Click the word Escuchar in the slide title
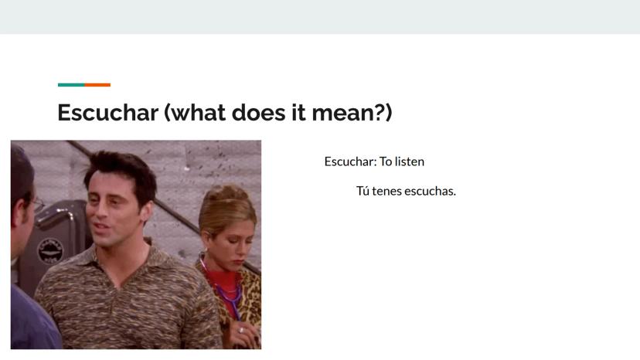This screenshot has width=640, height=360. [x=107, y=112]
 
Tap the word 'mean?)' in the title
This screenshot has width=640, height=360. [x=352, y=113]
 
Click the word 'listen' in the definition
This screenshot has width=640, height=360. [x=410, y=161]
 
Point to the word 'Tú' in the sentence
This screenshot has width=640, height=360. [x=363, y=191]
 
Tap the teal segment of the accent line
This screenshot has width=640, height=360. [x=71, y=85]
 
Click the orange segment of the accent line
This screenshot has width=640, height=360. [x=97, y=85]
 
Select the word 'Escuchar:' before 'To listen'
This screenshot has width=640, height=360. [x=351, y=161]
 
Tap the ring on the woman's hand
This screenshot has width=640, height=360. [x=242, y=330]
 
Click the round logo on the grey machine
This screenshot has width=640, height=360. [x=50, y=251]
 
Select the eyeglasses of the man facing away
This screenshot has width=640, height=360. [x=38, y=204]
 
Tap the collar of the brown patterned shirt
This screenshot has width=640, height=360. [x=122, y=261]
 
